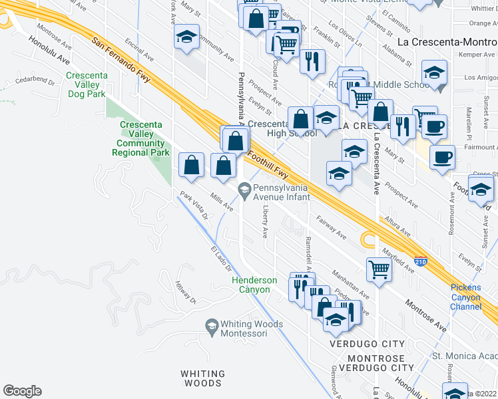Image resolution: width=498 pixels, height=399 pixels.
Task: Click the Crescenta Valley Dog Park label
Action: [87, 84]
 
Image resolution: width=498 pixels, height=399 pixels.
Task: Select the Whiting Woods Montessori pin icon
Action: [212, 325]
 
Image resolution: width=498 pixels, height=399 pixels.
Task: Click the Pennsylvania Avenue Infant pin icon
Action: [244, 189]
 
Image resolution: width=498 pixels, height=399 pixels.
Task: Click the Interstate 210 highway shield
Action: [420, 261]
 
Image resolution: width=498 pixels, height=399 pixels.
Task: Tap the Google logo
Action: [22, 391]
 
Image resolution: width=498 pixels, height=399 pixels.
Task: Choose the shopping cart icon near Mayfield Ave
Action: [379, 269]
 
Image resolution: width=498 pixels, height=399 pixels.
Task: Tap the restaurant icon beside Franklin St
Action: [312, 61]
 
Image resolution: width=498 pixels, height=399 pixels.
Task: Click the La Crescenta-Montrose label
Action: [446, 41]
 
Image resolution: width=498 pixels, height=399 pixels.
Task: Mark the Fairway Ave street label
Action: [332, 227]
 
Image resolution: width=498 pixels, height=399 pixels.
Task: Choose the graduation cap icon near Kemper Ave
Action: [434, 72]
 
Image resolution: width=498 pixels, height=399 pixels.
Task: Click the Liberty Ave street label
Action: [265, 222]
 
